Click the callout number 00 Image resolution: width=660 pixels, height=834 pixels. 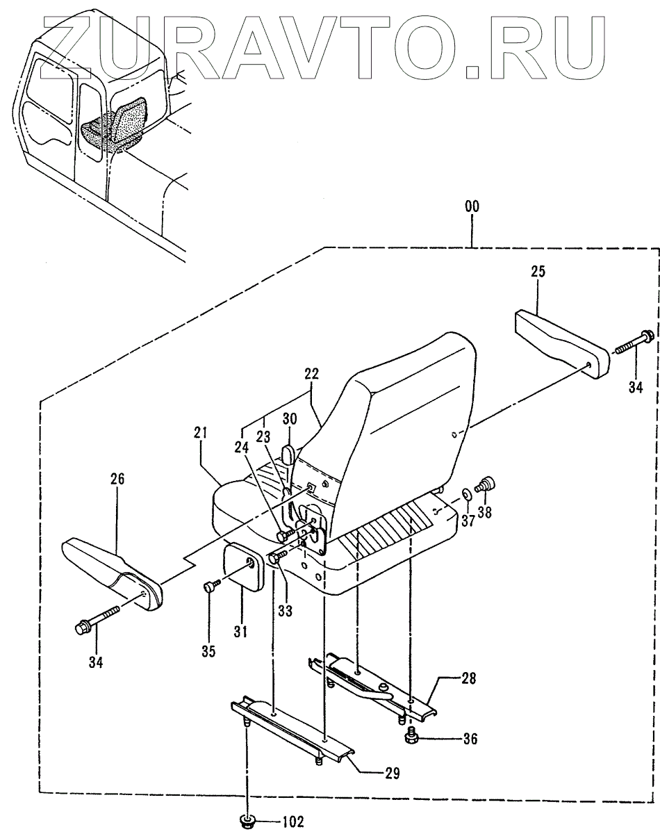(x=472, y=206)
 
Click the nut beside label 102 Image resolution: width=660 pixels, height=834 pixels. (x=247, y=821)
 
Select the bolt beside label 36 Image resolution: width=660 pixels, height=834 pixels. (x=410, y=755)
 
